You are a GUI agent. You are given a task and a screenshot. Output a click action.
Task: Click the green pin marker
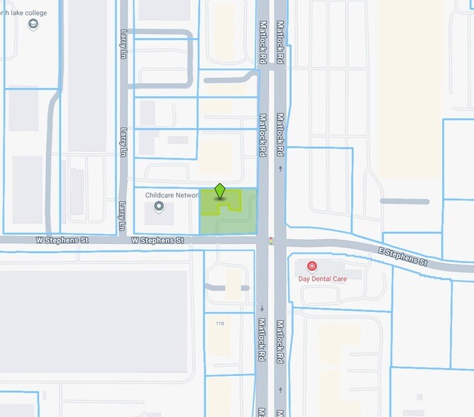click(220, 191)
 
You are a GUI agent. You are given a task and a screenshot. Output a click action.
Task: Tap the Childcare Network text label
click(172, 195)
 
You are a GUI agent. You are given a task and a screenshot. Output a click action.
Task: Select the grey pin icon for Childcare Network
click(159, 206)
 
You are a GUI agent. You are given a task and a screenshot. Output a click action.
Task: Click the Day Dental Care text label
click(322, 279)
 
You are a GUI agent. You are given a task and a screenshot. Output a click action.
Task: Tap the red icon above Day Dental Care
click(312, 266)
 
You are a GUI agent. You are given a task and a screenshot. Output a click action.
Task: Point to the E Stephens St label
click(402, 257)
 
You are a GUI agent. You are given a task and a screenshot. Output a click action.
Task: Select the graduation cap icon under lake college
click(33, 25)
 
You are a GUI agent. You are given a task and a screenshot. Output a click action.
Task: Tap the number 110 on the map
click(219, 323)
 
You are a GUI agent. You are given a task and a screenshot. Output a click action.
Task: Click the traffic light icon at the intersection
click(270, 241)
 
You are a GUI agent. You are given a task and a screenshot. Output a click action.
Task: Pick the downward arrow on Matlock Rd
click(263, 308)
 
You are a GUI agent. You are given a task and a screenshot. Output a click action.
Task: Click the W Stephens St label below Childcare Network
click(158, 241)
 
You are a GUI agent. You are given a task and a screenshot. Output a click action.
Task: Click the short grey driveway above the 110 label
click(226, 287)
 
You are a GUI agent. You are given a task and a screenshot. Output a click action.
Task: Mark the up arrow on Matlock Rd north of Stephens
click(281, 168)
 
